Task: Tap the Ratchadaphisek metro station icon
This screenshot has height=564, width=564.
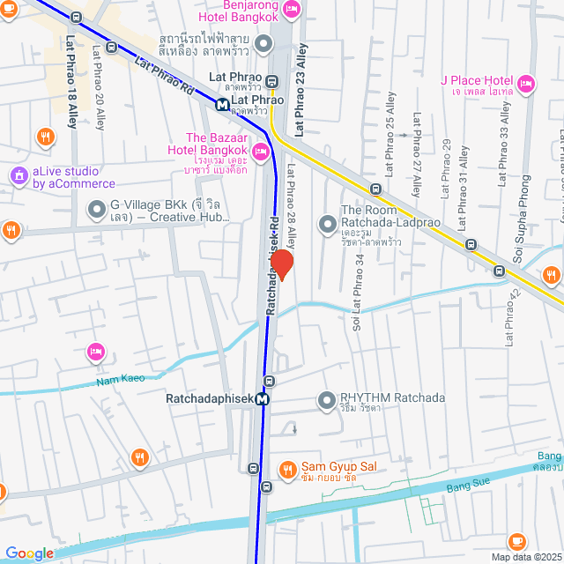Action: [x=263, y=399]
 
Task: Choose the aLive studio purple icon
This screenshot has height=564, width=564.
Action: [x=19, y=176]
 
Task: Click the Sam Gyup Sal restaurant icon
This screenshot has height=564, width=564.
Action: [x=286, y=469]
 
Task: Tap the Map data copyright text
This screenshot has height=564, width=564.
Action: [x=525, y=557]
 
